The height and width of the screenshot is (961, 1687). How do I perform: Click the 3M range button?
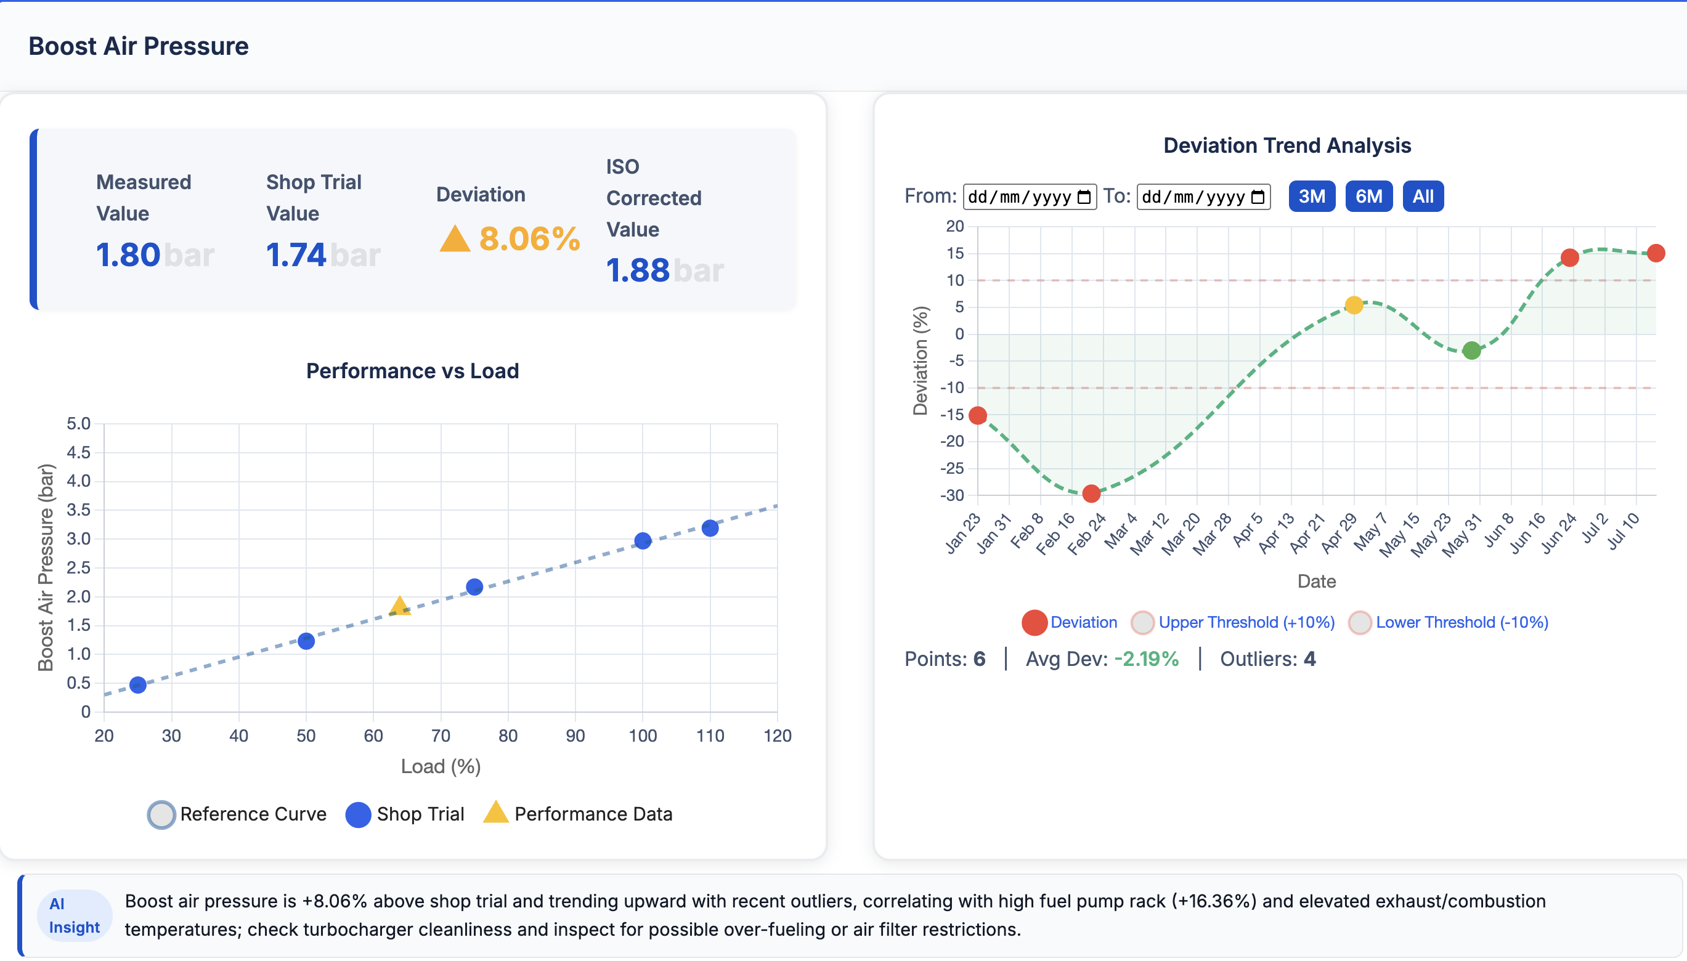coord(1311,196)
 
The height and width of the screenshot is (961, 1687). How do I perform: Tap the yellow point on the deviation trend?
coord(1353,305)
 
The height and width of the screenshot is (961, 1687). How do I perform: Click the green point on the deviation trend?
coord(1471,351)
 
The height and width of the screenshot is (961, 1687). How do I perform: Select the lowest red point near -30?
coord(1091,493)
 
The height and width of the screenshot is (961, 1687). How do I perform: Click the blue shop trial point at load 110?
coord(710,528)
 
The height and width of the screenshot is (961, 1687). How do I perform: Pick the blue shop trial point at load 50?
coord(306,641)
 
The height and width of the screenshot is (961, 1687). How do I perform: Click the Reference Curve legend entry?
coord(238,814)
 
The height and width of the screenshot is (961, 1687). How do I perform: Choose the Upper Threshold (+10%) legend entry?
coord(1233,622)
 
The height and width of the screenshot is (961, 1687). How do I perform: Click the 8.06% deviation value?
coord(528,239)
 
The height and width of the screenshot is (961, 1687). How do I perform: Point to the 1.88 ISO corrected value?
coord(638,270)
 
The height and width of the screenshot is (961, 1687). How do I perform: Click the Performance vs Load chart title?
coord(413,371)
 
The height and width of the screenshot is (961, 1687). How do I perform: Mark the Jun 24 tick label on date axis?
coord(1559,533)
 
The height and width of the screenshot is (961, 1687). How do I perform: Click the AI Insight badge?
coord(74,915)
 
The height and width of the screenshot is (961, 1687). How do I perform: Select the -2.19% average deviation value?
coord(1146,659)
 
